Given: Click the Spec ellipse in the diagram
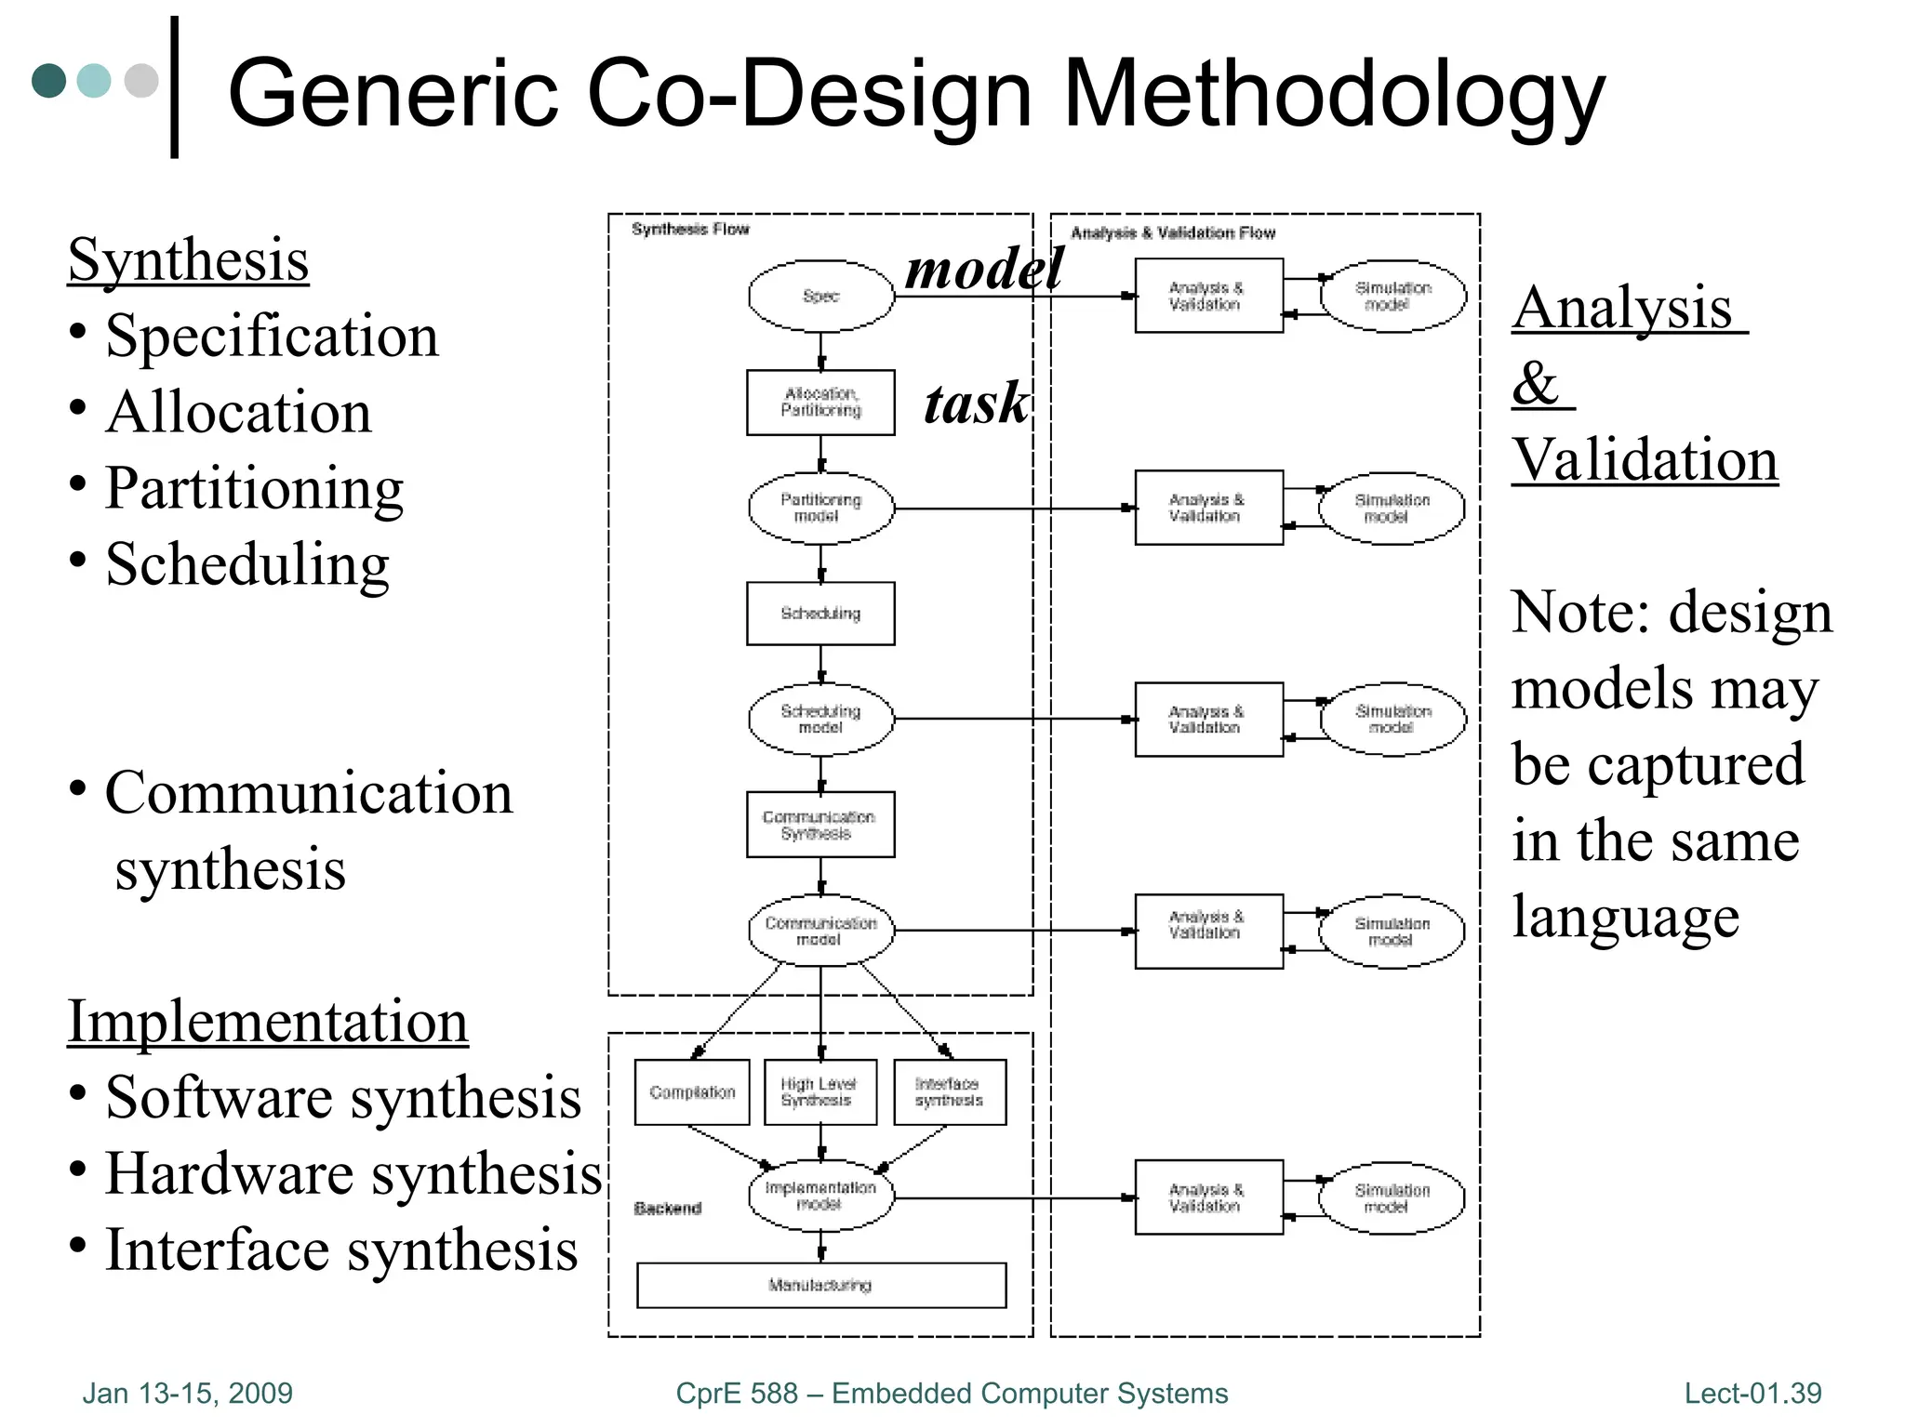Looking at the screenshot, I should (820, 296).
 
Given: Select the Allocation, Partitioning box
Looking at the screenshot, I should (820, 403).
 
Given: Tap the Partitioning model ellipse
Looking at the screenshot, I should (820, 509).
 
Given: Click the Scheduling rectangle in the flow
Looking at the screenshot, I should (820, 614).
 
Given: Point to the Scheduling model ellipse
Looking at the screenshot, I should (820, 719).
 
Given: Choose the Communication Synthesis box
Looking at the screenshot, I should (820, 825).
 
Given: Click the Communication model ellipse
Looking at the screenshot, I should (820, 931).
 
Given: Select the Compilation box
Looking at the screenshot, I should (692, 1092).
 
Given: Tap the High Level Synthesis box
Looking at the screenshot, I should (820, 1092).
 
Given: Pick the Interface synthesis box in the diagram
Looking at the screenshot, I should (950, 1092).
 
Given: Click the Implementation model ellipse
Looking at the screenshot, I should (820, 1197).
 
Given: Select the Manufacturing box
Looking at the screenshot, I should (820, 1285).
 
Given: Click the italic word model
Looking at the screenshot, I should (984, 270).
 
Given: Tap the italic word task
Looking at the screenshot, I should (976, 404).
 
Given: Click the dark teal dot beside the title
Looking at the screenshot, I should (49, 81).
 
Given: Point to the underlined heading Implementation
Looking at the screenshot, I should (268, 1021).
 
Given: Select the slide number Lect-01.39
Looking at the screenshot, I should (1752, 1393).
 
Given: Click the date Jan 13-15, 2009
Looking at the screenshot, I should (188, 1393).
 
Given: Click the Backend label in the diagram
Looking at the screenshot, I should (667, 1209).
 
